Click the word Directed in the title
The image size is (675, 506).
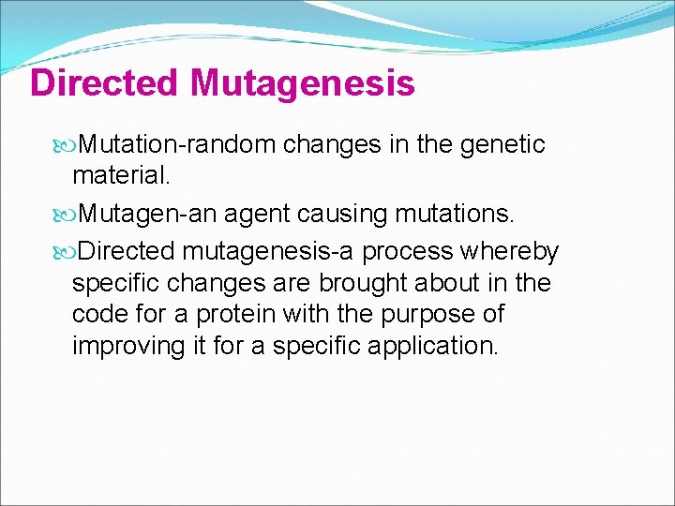(x=104, y=83)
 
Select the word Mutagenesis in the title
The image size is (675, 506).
(x=301, y=83)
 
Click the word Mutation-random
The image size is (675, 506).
(x=177, y=144)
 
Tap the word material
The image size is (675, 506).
(x=117, y=175)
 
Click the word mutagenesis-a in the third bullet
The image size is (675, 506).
(x=268, y=252)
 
